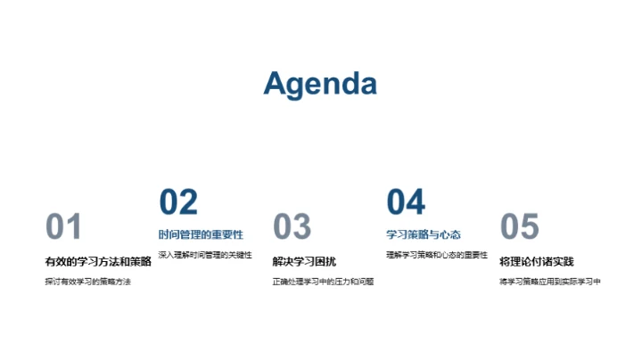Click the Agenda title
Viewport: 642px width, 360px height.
click(x=320, y=84)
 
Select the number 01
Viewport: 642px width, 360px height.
click(x=63, y=227)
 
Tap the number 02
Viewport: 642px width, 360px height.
click(x=177, y=202)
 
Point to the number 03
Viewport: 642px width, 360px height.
click(x=292, y=227)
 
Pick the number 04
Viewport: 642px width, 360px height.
click(x=406, y=202)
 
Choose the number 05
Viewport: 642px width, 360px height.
click(x=519, y=227)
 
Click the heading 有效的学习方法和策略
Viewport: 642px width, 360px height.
click(x=98, y=261)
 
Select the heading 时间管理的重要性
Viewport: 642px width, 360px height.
click(x=201, y=235)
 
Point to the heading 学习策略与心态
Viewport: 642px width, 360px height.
click(x=424, y=235)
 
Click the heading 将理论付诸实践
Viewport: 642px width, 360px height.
click(x=537, y=261)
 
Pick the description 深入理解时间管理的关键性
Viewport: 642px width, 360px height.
click(x=205, y=256)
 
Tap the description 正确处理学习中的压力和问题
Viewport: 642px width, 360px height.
click(x=323, y=282)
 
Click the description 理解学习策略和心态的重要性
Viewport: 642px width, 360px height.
click(x=437, y=256)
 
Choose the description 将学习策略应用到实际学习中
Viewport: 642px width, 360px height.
click(x=550, y=282)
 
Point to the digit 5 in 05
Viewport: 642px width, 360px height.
click(x=530, y=227)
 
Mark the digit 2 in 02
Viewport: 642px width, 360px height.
click(x=187, y=202)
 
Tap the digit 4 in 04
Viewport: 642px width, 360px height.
click(x=416, y=202)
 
